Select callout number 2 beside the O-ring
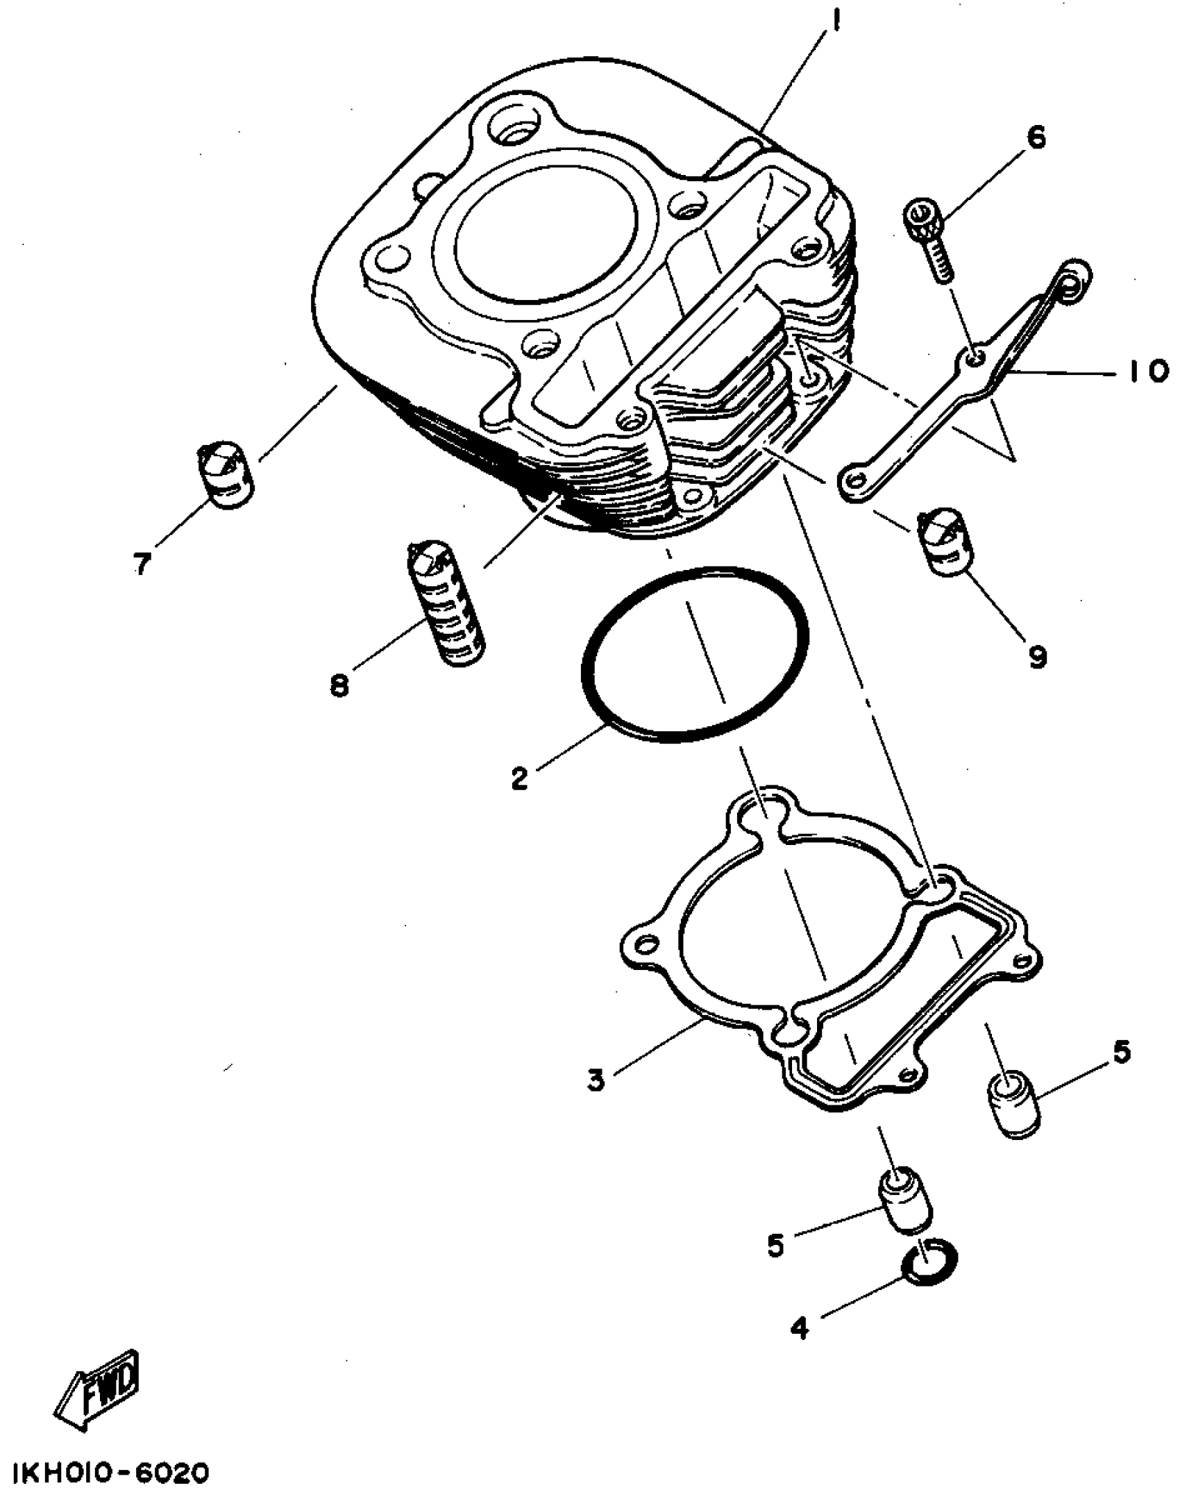click(520, 778)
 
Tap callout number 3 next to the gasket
click(596, 1080)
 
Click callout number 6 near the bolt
click(1035, 138)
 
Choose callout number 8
click(339, 687)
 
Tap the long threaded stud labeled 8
click(444, 603)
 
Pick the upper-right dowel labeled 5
click(1011, 1111)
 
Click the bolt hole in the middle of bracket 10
click(976, 358)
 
